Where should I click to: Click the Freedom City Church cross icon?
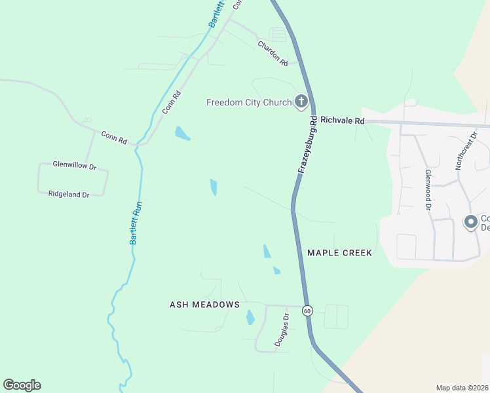coord(301,101)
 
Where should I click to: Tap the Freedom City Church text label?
coord(248,102)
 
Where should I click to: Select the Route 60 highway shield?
coord(307,310)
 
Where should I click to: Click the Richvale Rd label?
coord(342,121)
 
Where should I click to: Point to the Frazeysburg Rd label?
coord(308,145)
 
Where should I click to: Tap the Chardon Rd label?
coord(273,54)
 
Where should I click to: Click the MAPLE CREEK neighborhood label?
coord(339,253)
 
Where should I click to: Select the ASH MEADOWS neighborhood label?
coord(204,305)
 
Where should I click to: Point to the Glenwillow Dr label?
coord(74,166)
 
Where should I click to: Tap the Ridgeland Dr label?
coord(68,194)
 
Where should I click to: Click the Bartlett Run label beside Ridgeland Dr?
coord(136,223)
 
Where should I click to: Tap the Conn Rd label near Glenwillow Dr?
coord(113,137)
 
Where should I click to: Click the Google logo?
coord(22,385)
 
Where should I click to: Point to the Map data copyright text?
coord(462,388)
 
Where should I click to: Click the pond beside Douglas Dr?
coord(250,318)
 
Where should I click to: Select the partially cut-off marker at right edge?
coord(470,223)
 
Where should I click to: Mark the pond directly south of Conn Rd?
coord(182,134)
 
